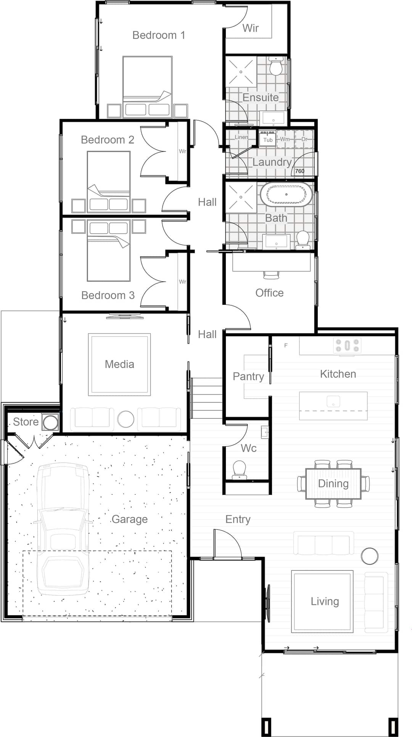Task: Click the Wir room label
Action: pos(251,28)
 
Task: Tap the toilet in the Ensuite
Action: pos(275,67)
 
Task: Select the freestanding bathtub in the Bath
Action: pos(286,194)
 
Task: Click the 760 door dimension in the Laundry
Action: pos(300,171)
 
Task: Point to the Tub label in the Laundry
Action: pos(268,140)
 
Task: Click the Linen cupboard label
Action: pos(241,137)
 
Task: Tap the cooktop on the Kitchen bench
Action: pos(347,345)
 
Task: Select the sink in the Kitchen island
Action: pos(333,402)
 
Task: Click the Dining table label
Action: pos(333,484)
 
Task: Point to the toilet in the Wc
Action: pos(240,469)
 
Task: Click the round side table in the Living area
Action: pos(370,556)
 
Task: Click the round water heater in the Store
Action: pos(50,423)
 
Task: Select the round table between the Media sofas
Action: pos(126,419)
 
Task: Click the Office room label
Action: pos(269,293)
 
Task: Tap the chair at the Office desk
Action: pos(271,274)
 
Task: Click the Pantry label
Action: pos(248,377)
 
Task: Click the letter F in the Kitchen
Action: pos(286,345)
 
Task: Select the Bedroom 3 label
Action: pos(108,295)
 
